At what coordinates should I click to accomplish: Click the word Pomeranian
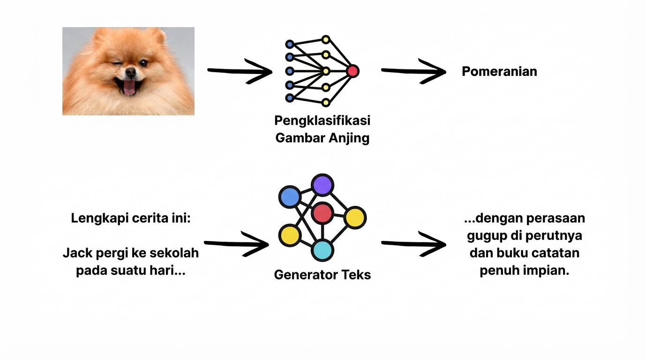pos(499,72)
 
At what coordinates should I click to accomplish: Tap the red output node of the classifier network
pos(352,71)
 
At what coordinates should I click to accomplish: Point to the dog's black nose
pos(130,72)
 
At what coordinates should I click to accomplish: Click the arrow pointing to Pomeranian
pos(413,71)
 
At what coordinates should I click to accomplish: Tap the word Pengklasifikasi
pos(322,120)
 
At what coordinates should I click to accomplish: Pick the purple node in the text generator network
pos(322,185)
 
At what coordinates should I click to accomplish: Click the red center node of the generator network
pos(322,213)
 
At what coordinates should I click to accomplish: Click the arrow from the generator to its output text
pos(413,244)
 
